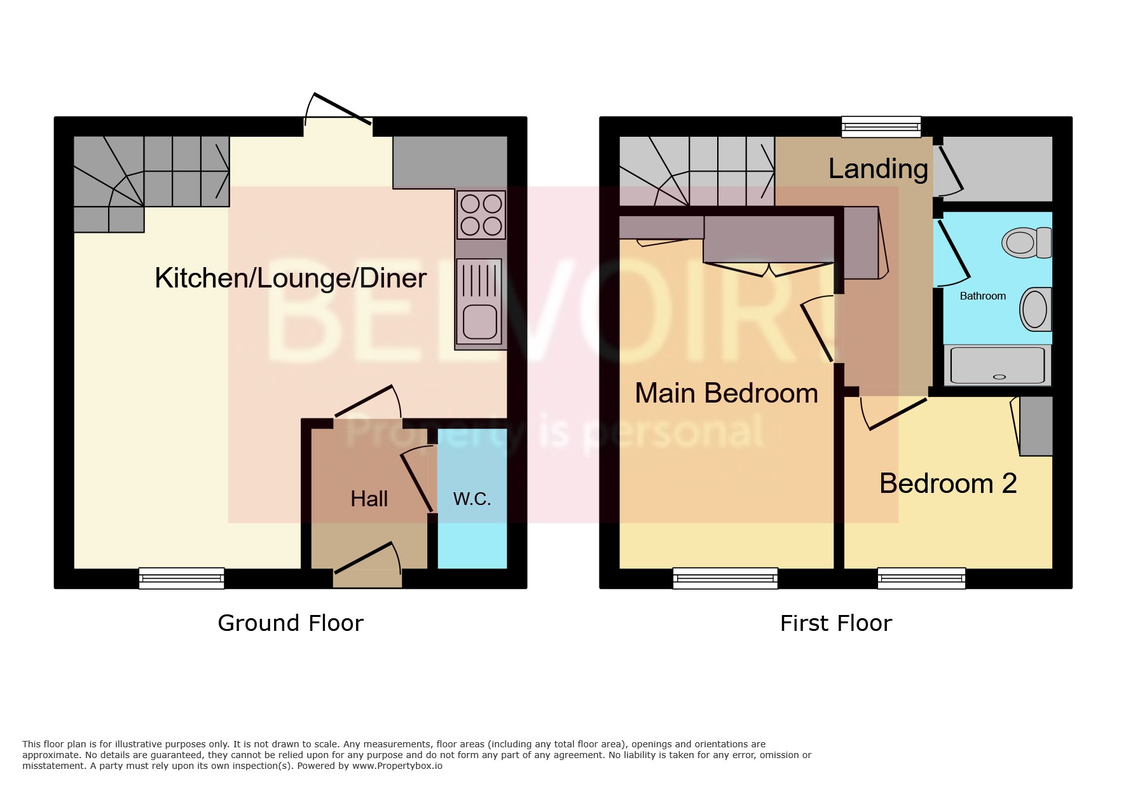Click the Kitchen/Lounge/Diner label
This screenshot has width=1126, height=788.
pyautogui.click(x=290, y=279)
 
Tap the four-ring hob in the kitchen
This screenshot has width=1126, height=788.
pyautogui.click(x=481, y=215)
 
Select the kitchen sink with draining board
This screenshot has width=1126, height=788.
pyautogui.click(x=479, y=301)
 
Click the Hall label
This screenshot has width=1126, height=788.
pyautogui.click(x=369, y=499)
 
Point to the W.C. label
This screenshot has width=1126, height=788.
pyautogui.click(x=472, y=499)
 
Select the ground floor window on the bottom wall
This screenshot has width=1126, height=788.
pyautogui.click(x=181, y=578)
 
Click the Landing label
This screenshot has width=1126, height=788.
pyautogui.click(x=878, y=169)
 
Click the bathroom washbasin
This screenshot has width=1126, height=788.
pyautogui.click(x=1035, y=310)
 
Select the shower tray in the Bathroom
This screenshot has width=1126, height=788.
pyautogui.click(x=997, y=365)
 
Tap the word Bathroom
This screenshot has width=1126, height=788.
pyautogui.click(x=982, y=296)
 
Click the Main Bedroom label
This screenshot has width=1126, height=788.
pyautogui.click(x=726, y=394)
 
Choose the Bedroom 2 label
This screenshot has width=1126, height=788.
pyautogui.click(x=947, y=484)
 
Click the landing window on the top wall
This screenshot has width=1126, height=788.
pyautogui.click(x=881, y=127)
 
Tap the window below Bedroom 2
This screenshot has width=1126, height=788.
pyautogui.click(x=921, y=578)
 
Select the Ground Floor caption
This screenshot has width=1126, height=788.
pyautogui.click(x=291, y=623)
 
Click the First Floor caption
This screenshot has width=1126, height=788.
pyautogui.click(x=835, y=623)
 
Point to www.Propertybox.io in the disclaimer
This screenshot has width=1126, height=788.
pyautogui.click(x=397, y=766)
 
